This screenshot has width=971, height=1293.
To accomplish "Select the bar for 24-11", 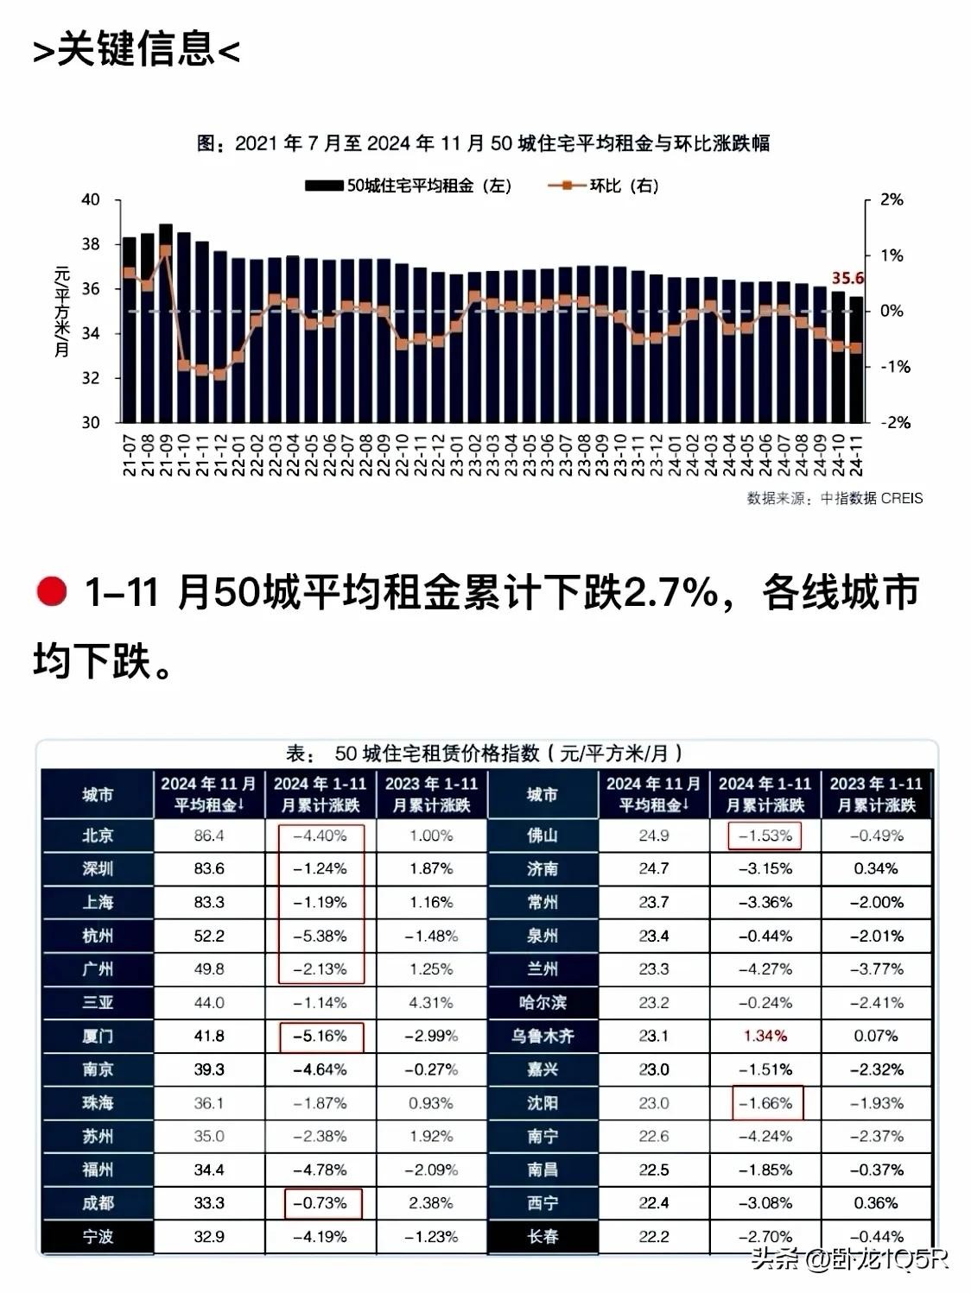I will click(x=856, y=363).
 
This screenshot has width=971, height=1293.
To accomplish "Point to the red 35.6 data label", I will click(x=847, y=278).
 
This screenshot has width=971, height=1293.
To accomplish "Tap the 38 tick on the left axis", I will click(x=91, y=244).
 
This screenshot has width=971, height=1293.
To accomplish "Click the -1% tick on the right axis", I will click(x=892, y=367).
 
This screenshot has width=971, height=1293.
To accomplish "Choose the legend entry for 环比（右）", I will click(x=604, y=186).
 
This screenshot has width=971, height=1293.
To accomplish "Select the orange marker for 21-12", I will click(x=220, y=375).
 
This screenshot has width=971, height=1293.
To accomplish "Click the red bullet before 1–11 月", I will click(x=52, y=593).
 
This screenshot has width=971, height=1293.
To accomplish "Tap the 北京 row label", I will click(x=98, y=836).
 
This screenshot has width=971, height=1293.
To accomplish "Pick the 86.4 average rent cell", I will click(x=209, y=836).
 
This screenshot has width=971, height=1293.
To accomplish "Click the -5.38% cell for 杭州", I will click(x=320, y=936).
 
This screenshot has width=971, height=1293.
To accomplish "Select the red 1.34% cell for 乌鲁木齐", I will click(x=765, y=1036).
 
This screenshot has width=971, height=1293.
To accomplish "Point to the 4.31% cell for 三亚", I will click(x=431, y=1003).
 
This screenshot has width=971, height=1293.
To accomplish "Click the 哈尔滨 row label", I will click(x=543, y=1003).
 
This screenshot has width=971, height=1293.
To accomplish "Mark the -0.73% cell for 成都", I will click(x=320, y=1203).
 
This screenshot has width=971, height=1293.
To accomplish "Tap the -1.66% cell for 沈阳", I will click(x=766, y=1103).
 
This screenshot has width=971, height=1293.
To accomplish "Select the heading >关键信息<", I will click(x=136, y=50).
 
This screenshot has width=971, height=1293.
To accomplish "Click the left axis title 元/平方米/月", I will click(x=62, y=311).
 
